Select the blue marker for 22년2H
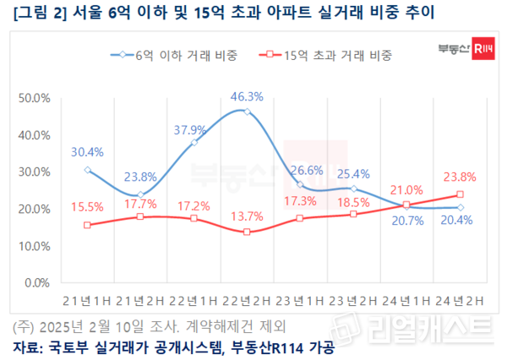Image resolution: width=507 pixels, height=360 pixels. (247, 112)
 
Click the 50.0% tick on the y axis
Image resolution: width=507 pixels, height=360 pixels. (35, 98)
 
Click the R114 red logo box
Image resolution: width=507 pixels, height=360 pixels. (482, 49)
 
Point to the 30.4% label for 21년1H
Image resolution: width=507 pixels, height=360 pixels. (88, 153)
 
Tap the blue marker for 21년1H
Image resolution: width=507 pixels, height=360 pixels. (87, 170)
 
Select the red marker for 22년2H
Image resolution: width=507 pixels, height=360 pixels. (247, 232)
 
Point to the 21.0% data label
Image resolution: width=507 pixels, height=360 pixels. (408, 189)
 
